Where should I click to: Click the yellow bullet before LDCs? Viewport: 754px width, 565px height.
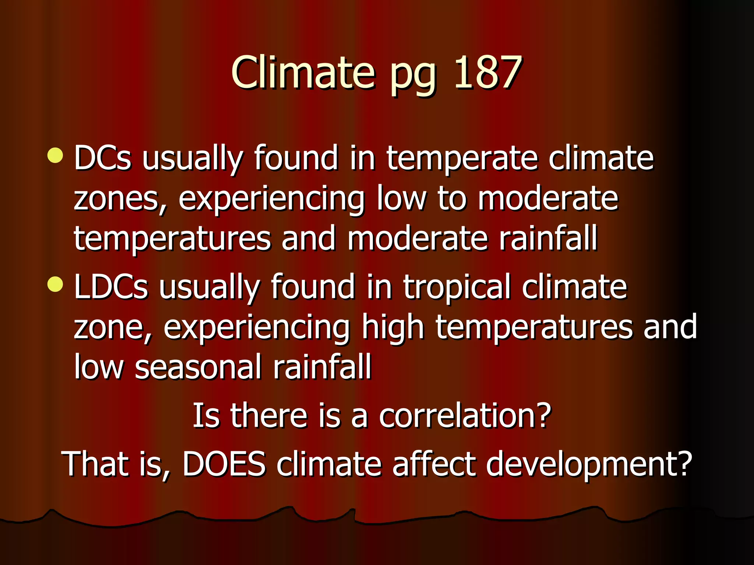tap(56, 284)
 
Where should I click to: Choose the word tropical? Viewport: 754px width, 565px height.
tap(457, 287)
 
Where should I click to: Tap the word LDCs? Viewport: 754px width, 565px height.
tap(111, 287)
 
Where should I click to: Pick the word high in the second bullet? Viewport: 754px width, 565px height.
tap(392, 328)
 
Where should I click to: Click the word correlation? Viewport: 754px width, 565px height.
tap(465, 416)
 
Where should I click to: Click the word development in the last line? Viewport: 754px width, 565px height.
tap(588, 464)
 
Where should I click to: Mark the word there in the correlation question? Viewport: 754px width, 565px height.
tap(269, 416)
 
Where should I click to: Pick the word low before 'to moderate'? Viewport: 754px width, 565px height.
tap(401, 199)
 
